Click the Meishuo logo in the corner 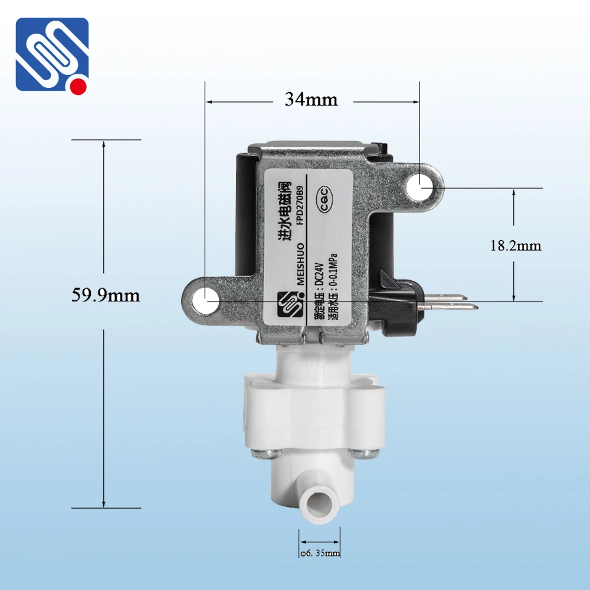(52, 54)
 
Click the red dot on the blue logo (78, 87)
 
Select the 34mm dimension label (311, 100)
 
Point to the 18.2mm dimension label (515, 245)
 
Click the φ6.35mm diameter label (320, 553)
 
